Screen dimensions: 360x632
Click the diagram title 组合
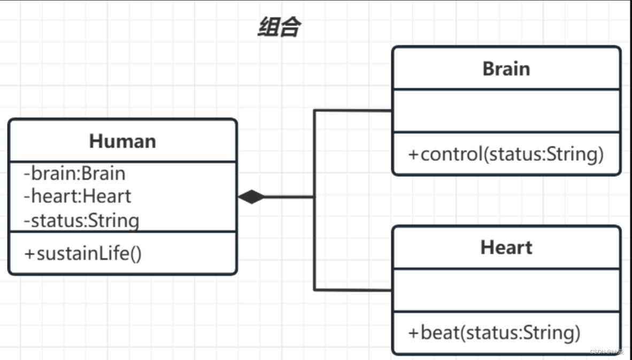(279, 27)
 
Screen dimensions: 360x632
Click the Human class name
(122, 141)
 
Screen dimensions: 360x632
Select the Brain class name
(506, 69)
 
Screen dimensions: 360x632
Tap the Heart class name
(506, 248)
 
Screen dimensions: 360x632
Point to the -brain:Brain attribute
(74, 173)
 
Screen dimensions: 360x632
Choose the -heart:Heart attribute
(77, 196)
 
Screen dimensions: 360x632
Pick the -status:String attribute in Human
(81, 220)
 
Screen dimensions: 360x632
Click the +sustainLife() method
(83, 253)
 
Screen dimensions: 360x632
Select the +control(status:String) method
(506, 154)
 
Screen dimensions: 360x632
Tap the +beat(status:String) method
(494, 333)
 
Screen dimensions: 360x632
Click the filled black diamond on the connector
(251, 197)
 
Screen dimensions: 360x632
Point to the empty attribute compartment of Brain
(506, 111)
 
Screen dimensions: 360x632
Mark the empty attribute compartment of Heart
(506, 290)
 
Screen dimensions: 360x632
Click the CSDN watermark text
(606, 352)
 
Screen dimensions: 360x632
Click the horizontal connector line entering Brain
(353, 111)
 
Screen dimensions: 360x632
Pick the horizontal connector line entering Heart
(353, 290)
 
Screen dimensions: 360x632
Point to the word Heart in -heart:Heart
(107, 196)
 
